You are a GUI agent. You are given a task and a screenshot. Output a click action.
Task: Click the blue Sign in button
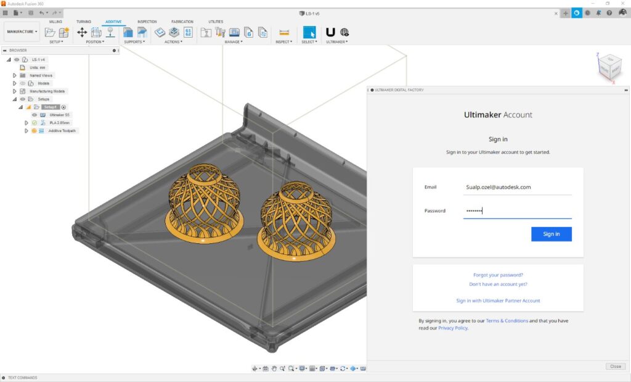tap(551, 234)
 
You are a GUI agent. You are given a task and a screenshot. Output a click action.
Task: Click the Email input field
tap(517, 187)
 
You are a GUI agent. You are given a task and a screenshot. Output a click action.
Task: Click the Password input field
tap(517, 211)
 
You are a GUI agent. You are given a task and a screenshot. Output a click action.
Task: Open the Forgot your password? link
tap(498, 275)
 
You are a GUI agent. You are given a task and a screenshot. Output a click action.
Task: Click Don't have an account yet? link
tap(498, 284)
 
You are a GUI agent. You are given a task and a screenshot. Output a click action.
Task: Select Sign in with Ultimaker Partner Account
tap(498, 301)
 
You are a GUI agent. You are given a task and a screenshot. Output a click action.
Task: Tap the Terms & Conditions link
tap(507, 321)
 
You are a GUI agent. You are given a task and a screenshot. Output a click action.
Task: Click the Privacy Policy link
tap(452, 328)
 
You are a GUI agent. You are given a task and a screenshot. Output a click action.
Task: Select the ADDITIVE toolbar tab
tap(113, 22)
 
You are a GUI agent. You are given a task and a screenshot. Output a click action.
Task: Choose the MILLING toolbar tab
tap(55, 22)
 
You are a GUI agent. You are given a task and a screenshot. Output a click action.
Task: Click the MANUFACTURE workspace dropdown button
tap(22, 31)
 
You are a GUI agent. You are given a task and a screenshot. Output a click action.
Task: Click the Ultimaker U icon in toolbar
tap(330, 32)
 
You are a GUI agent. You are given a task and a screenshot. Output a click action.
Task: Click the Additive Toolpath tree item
tap(63, 131)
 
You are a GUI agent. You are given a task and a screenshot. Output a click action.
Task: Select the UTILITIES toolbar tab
tap(216, 22)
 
